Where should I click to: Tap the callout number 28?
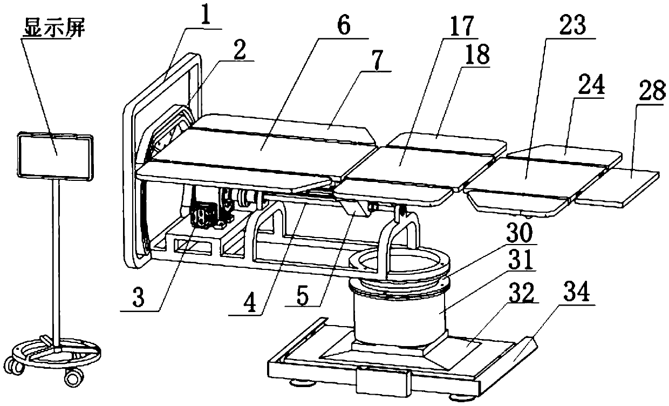(x=650, y=93)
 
